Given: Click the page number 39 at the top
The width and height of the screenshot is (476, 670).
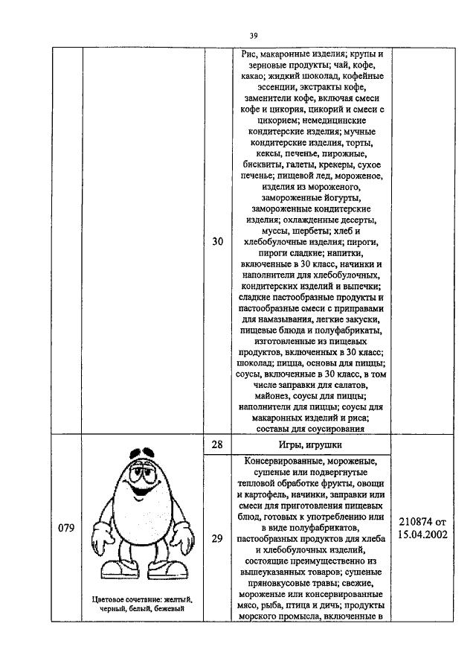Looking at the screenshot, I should pyautogui.click(x=253, y=35).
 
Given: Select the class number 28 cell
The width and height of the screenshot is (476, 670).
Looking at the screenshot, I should pyautogui.click(x=217, y=444).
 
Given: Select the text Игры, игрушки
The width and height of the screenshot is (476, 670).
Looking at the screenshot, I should pyautogui.click(x=311, y=445).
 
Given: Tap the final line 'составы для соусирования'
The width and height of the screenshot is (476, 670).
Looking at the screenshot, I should pyautogui.click(x=310, y=427).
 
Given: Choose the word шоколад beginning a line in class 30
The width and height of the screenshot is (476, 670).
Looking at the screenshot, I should pyautogui.click(x=256, y=365).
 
